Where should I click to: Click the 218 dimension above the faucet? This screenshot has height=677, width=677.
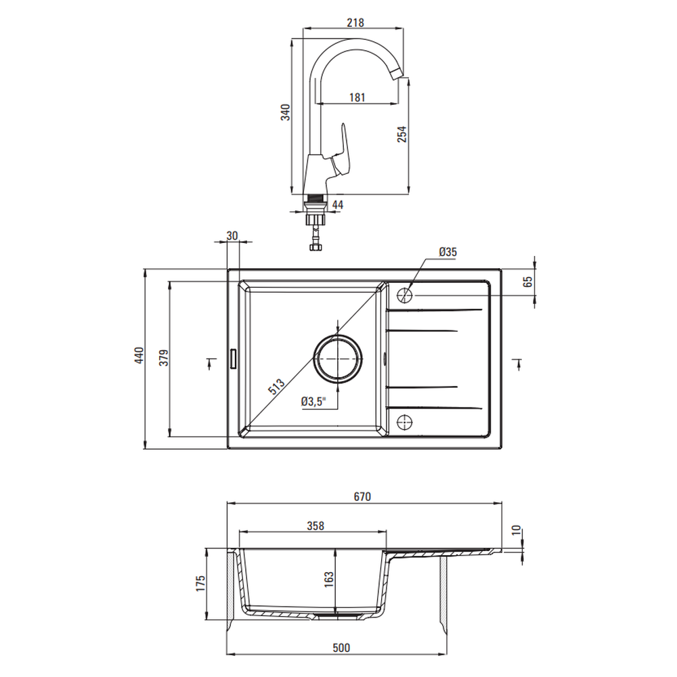click(355, 22)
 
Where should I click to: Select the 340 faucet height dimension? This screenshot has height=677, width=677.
click(286, 112)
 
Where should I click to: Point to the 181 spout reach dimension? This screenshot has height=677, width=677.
click(357, 97)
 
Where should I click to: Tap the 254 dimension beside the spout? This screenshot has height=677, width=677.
click(402, 134)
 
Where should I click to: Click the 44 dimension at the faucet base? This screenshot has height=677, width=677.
click(338, 204)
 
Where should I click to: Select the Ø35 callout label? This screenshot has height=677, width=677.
click(447, 252)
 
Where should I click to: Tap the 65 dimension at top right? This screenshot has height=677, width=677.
click(527, 282)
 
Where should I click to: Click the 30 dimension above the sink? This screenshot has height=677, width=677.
click(232, 236)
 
